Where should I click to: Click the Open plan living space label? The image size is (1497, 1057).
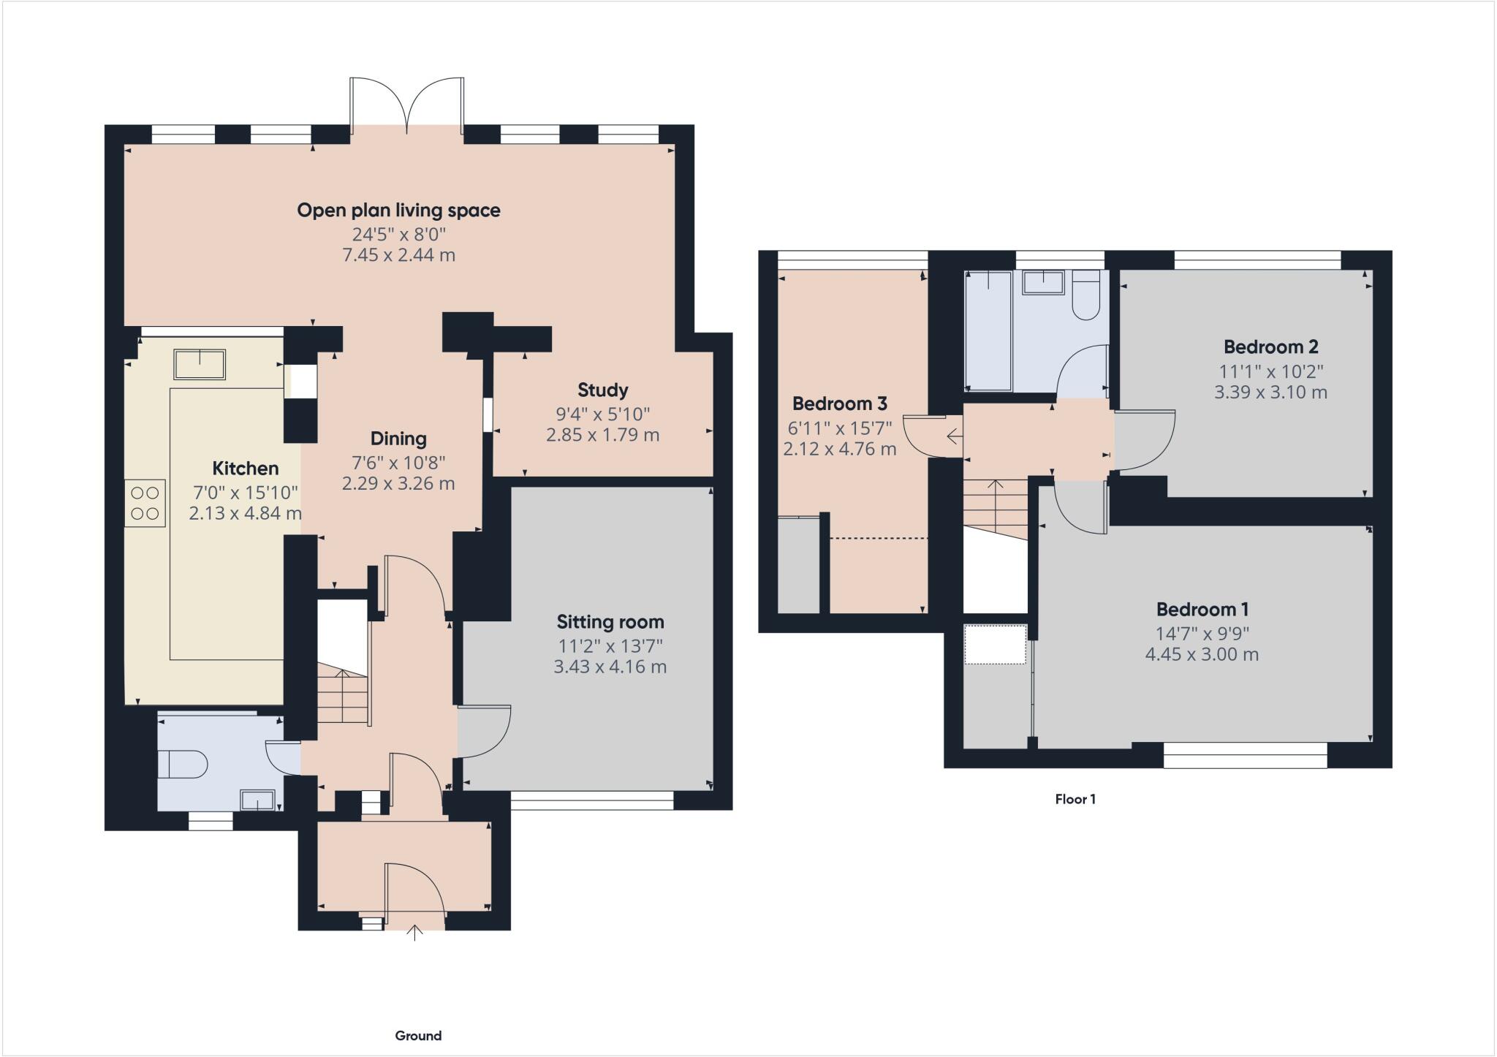(398, 211)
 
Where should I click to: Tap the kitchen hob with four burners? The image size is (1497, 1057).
(145, 503)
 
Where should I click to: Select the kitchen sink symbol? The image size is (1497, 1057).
(200, 364)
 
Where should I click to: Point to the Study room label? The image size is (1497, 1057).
(602, 390)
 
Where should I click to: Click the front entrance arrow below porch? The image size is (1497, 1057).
(414, 932)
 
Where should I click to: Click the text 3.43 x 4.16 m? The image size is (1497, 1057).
(610, 667)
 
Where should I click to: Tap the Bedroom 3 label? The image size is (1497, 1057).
(839, 404)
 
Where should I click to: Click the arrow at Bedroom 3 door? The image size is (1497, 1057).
(953, 437)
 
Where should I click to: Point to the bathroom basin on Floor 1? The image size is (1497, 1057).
(1043, 282)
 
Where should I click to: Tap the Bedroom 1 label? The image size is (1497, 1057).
(1202, 609)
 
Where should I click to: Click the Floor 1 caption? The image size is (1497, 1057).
(1075, 799)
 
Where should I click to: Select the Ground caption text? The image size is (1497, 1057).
(418, 1035)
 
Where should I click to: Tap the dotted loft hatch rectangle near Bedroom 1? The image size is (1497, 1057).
(995, 644)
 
